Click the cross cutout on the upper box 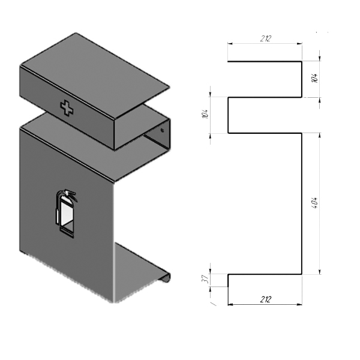[x=67, y=108]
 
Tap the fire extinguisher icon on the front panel [x=66, y=214]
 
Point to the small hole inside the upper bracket [x=163, y=130]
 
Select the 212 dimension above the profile [x=265, y=38]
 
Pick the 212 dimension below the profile [x=266, y=299]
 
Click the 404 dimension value [x=315, y=203]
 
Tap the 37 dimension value [x=205, y=279]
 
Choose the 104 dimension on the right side [x=315, y=78]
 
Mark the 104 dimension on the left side [x=205, y=113]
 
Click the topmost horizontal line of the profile [x=265, y=62]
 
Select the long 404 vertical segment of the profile [x=302, y=203]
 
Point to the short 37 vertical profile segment [x=228, y=280]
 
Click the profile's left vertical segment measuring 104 [x=228, y=115]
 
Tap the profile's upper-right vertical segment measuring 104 [x=302, y=79]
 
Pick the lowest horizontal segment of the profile [x=265, y=274]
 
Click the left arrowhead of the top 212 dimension [x=230, y=43]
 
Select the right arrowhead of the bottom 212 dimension [x=299, y=305]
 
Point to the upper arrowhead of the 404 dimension [x=320, y=136]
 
